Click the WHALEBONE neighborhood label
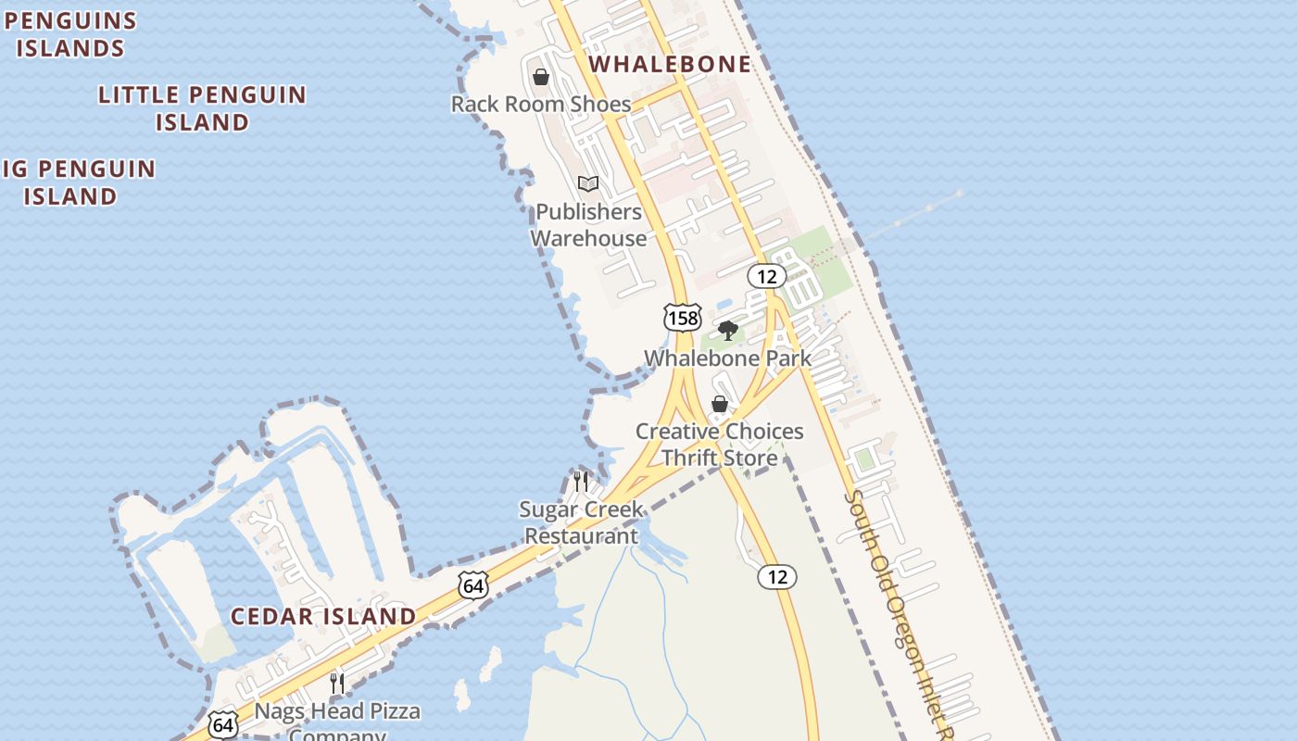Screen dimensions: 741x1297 pyautogui.click(x=670, y=64)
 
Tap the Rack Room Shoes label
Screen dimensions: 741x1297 pyautogui.click(x=541, y=104)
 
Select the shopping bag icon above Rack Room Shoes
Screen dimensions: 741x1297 pyautogui.click(x=541, y=77)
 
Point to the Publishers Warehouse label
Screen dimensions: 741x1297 pyautogui.click(x=588, y=225)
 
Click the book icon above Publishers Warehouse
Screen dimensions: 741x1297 pyautogui.click(x=588, y=183)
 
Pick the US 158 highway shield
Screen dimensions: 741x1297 pyautogui.click(x=683, y=318)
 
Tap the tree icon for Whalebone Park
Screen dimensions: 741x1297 pyautogui.click(x=728, y=331)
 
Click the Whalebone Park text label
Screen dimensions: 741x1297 pyautogui.click(x=727, y=358)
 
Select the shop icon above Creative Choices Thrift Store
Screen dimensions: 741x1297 pyautogui.click(x=719, y=404)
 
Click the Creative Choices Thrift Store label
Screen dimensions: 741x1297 pyautogui.click(x=720, y=445)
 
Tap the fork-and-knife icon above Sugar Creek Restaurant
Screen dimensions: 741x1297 pyautogui.click(x=581, y=481)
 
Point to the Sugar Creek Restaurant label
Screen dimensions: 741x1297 pyautogui.click(x=581, y=522)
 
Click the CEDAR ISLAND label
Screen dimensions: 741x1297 pyautogui.click(x=323, y=616)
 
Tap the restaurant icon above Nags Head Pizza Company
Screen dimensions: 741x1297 pyautogui.click(x=337, y=684)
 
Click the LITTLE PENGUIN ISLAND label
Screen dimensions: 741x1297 pyautogui.click(x=202, y=108)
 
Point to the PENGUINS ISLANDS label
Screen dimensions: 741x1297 pyautogui.click(x=70, y=34)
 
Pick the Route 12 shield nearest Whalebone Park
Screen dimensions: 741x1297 pyautogui.click(x=767, y=276)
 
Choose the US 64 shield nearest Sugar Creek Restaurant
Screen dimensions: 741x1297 pyautogui.click(x=472, y=585)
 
